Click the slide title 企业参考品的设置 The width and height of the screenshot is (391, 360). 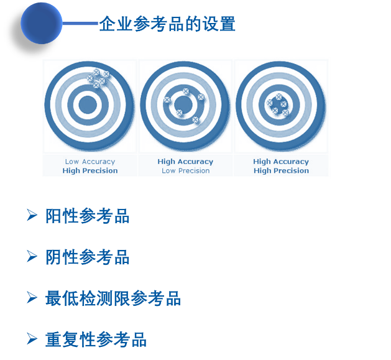pyautogui.click(x=167, y=24)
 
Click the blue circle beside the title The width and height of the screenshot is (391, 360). pyautogui.click(x=41, y=23)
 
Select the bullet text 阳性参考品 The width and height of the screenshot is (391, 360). pyautogui.click(x=87, y=216)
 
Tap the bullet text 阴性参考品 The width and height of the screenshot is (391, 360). pyautogui.click(x=87, y=257)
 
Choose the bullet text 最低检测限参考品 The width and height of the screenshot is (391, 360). pyautogui.click(x=113, y=298)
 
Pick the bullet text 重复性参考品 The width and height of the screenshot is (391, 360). pyautogui.click(x=96, y=339)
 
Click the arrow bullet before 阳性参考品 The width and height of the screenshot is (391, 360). pyautogui.click(x=32, y=215)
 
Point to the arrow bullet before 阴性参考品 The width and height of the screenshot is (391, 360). pyautogui.click(x=32, y=256)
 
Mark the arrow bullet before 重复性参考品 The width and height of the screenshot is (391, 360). pyautogui.click(x=32, y=338)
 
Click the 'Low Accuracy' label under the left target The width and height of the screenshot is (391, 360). pyautogui.click(x=90, y=162)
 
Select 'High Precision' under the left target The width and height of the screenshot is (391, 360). pyautogui.click(x=90, y=170)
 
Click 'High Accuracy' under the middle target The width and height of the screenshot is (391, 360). pyautogui.click(x=185, y=162)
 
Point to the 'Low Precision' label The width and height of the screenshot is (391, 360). pyautogui.click(x=185, y=170)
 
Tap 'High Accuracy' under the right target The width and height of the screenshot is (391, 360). pyautogui.click(x=281, y=162)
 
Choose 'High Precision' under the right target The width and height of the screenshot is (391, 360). pyautogui.click(x=281, y=170)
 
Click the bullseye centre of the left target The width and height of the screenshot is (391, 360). pyautogui.click(x=88, y=104)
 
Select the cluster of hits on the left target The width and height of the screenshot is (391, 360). pyautogui.click(x=98, y=77)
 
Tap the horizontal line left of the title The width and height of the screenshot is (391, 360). pyautogui.click(x=80, y=24)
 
